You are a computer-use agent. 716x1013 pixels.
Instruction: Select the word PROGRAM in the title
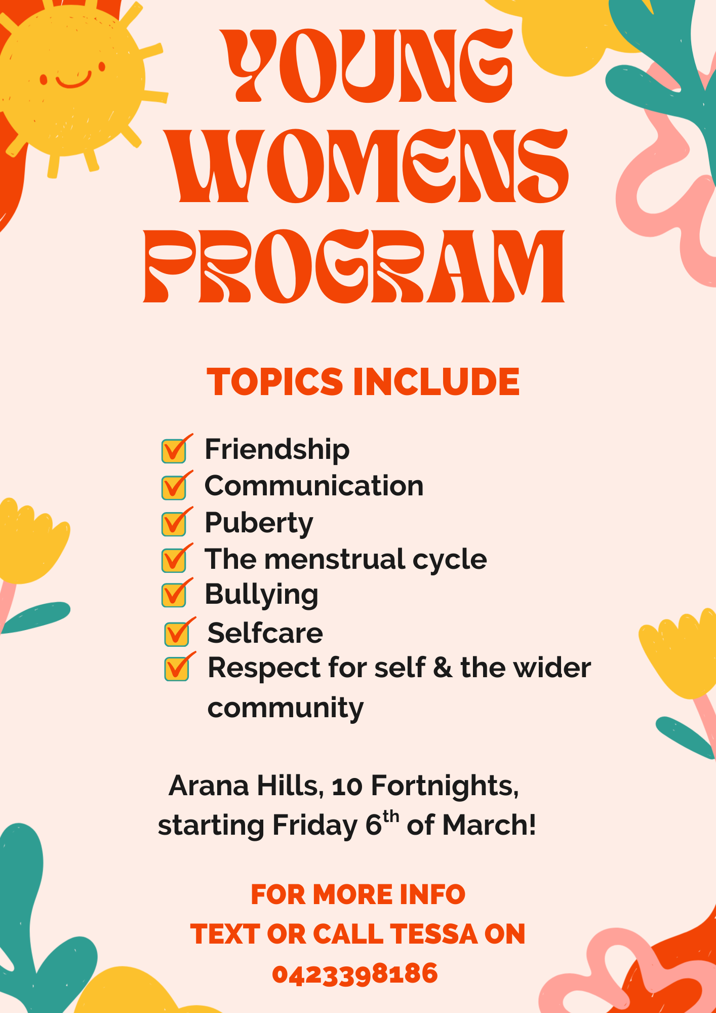354,266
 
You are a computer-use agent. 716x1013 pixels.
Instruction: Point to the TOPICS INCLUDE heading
363,381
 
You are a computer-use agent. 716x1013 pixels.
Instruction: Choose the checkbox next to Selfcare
177,634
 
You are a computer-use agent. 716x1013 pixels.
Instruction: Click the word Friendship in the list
277,449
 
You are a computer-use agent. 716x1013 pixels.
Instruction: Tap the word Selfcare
265,633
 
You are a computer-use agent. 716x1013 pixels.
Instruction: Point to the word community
286,708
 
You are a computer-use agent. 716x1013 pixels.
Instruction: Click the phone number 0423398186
355,973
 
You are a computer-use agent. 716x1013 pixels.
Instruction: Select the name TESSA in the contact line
433,934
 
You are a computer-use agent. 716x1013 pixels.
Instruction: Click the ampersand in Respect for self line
443,668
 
